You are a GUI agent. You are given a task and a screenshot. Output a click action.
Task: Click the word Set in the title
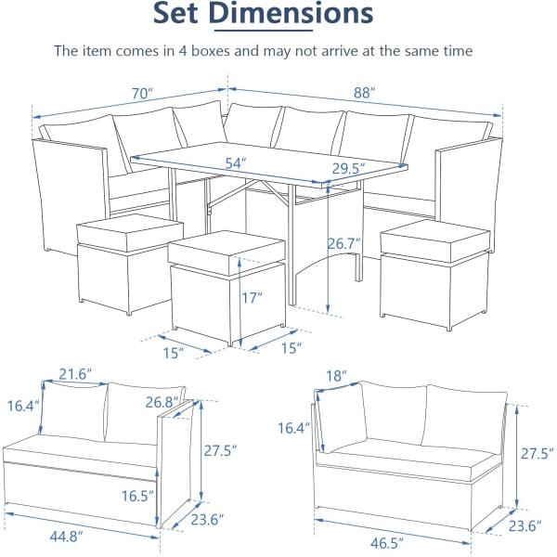click(x=177, y=15)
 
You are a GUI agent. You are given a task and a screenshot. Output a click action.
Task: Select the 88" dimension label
click(x=364, y=93)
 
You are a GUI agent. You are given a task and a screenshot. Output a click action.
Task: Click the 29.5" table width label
click(x=347, y=168)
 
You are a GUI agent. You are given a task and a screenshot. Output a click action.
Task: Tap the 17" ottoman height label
click(x=252, y=300)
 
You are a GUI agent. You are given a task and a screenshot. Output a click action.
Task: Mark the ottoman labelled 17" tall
click(x=227, y=283)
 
